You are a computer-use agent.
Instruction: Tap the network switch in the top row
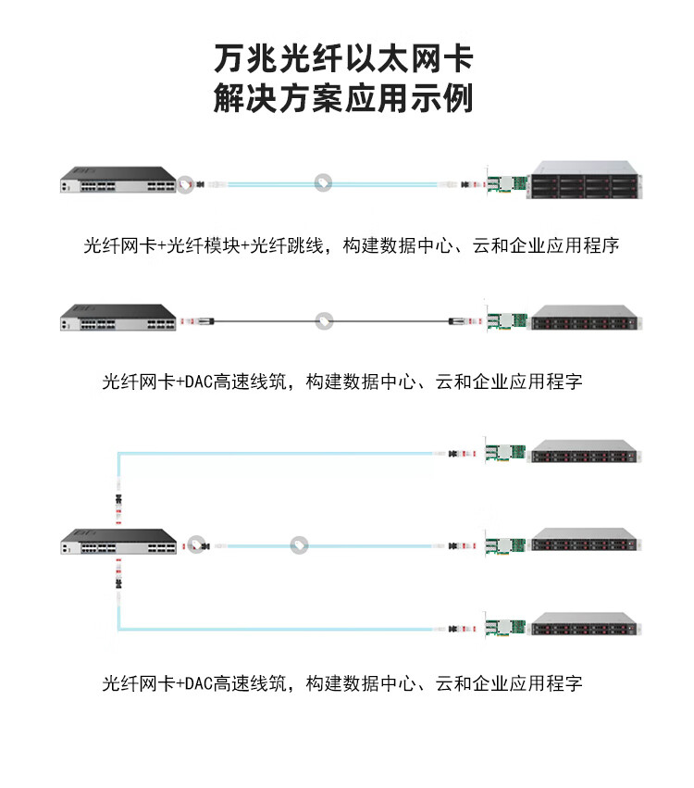tap(118, 183)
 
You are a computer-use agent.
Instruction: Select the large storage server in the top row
tap(585, 181)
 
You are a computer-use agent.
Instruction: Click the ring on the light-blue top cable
tap(323, 182)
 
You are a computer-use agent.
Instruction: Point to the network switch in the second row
tap(118, 319)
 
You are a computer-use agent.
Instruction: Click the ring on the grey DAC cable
tap(323, 320)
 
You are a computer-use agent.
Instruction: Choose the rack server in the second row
tap(585, 319)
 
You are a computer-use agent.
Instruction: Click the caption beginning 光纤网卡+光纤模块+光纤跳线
tap(351, 246)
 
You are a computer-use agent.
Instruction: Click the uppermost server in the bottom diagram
tap(585, 452)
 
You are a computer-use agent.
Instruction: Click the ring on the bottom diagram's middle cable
tap(299, 545)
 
